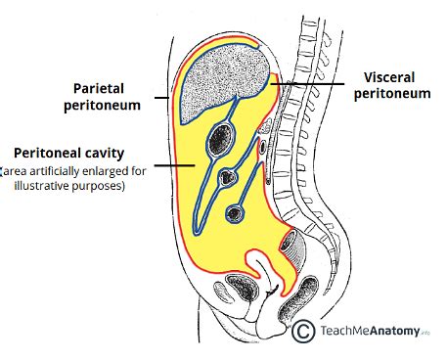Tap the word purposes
click(102, 186)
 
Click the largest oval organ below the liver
click(220, 143)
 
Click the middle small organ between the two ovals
click(228, 178)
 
